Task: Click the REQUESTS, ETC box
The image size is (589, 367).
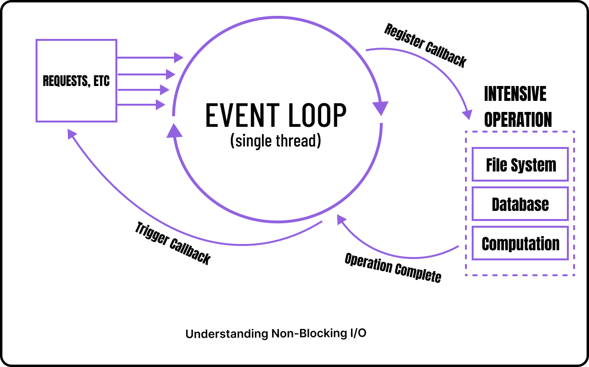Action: [76, 80]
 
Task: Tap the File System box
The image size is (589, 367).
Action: [520, 165]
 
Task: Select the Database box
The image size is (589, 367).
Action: [520, 204]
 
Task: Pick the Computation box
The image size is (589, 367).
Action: [520, 244]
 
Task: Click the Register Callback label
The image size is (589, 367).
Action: [425, 46]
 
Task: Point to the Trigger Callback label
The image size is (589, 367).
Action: [173, 243]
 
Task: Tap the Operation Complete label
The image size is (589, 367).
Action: [392, 268]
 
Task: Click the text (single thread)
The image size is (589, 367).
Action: [275, 141]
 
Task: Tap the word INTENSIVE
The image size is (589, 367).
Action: [515, 94]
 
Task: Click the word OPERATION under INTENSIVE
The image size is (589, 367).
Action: [518, 120]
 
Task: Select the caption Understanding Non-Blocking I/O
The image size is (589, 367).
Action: [276, 333]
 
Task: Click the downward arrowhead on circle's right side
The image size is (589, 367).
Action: [382, 108]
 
